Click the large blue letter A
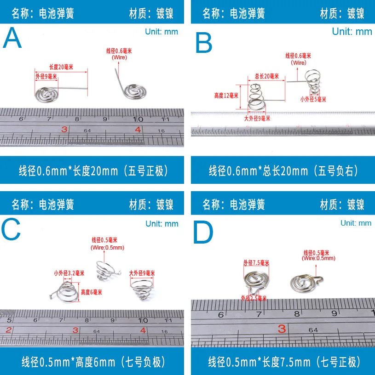pyautogui.click(x=12, y=39)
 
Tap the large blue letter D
pyautogui.click(x=203, y=233)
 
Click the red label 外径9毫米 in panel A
pyautogui.click(x=46, y=77)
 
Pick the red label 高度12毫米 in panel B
pyautogui.click(x=226, y=96)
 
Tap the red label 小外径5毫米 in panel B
pyautogui.click(x=313, y=99)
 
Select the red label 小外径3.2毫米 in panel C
pyautogui.click(x=69, y=273)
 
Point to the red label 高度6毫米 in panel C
pyautogui.click(x=91, y=292)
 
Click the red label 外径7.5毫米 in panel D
pyautogui.click(x=256, y=263)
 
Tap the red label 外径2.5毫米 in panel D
pyautogui.click(x=254, y=298)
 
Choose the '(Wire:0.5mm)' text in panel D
pyautogui.click(x=318, y=258)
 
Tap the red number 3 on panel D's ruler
pyautogui.click(x=282, y=328)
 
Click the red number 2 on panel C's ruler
pyautogui.click(x=8, y=330)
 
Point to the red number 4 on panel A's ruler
pyautogui.click(x=138, y=130)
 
